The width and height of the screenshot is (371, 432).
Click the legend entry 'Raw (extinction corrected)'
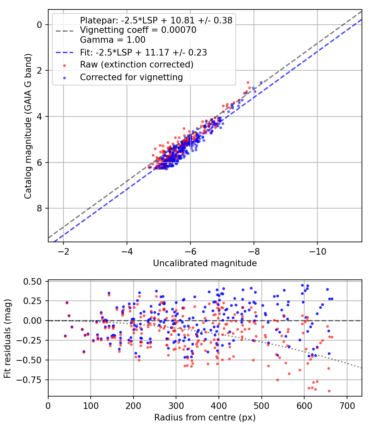[x=136, y=65]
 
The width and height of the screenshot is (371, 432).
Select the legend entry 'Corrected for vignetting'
[x=131, y=77]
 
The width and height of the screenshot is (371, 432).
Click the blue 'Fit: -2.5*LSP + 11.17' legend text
[x=143, y=52]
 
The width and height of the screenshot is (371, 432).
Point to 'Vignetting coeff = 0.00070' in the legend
[x=138, y=30]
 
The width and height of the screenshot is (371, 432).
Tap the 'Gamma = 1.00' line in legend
[x=113, y=40]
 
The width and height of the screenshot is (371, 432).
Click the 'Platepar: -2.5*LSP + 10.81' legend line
[x=156, y=20]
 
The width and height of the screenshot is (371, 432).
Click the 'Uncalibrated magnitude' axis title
[x=205, y=263]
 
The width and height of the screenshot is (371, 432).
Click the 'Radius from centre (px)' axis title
[x=205, y=418]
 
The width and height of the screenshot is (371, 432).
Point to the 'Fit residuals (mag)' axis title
[x=7, y=338]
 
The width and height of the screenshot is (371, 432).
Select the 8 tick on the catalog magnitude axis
[x=40, y=209]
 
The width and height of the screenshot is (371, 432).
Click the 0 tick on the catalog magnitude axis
[x=40, y=25]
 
